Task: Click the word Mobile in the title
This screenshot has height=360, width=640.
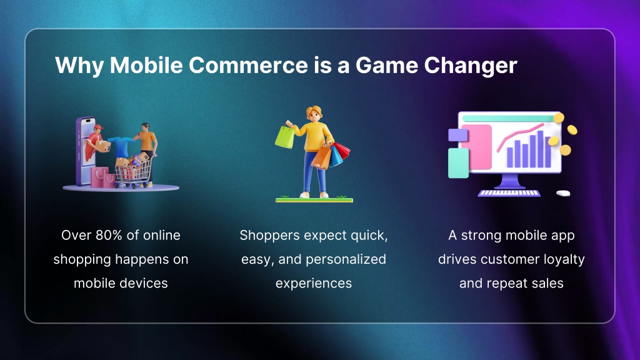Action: [146, 65]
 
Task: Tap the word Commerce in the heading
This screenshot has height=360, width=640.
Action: [248, 65]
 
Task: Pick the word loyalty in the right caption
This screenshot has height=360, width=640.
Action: [564, 259]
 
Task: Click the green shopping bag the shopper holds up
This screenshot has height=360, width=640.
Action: [284, 137]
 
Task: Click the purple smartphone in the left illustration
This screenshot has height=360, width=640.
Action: [85, 152]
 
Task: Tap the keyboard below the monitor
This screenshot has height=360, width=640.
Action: [509, 193]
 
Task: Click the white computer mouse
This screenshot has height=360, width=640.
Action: [563, 193]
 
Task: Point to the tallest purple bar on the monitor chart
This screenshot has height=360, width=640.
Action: [541, 149]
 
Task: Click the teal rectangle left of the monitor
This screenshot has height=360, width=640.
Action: [458, 163]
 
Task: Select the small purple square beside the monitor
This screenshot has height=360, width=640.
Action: [457, 135]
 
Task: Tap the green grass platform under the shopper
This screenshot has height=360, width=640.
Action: [314, 200]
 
